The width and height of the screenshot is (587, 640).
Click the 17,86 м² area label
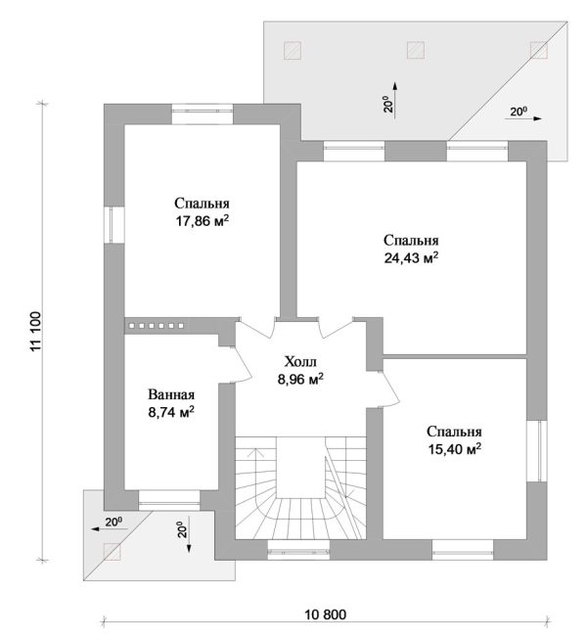[x=202, y=221]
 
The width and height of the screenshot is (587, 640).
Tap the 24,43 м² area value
[x=411, y=258]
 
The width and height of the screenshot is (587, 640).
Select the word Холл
[x=300, y=362]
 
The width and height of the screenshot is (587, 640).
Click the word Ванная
[x=171, y=394]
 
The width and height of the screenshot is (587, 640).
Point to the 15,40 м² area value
[x=454, y=449]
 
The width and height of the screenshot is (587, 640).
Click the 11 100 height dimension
[x=35, y=331]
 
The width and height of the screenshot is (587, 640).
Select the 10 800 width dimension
[x=326, y=615]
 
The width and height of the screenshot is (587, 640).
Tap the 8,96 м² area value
[x=300, y=379]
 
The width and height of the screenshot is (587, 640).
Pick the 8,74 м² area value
[x=171, y=412]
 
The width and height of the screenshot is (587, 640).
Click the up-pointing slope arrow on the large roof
[x=395, y=100]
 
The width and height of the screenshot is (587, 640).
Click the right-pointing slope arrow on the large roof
[x=523, y=118]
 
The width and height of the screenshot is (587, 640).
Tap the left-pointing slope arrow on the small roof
[x=110, y=529]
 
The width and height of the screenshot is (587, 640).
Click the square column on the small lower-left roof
[x=112, y=552]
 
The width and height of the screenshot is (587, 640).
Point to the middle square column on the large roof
[x=416, y=50]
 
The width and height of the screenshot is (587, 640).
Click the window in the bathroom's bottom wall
[x=169, y=500]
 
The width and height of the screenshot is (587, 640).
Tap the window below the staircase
[x=298, y=549]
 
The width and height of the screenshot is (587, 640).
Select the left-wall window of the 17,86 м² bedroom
[x=113, y=225]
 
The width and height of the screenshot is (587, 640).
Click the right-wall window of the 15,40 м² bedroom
[x=536, y=450]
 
